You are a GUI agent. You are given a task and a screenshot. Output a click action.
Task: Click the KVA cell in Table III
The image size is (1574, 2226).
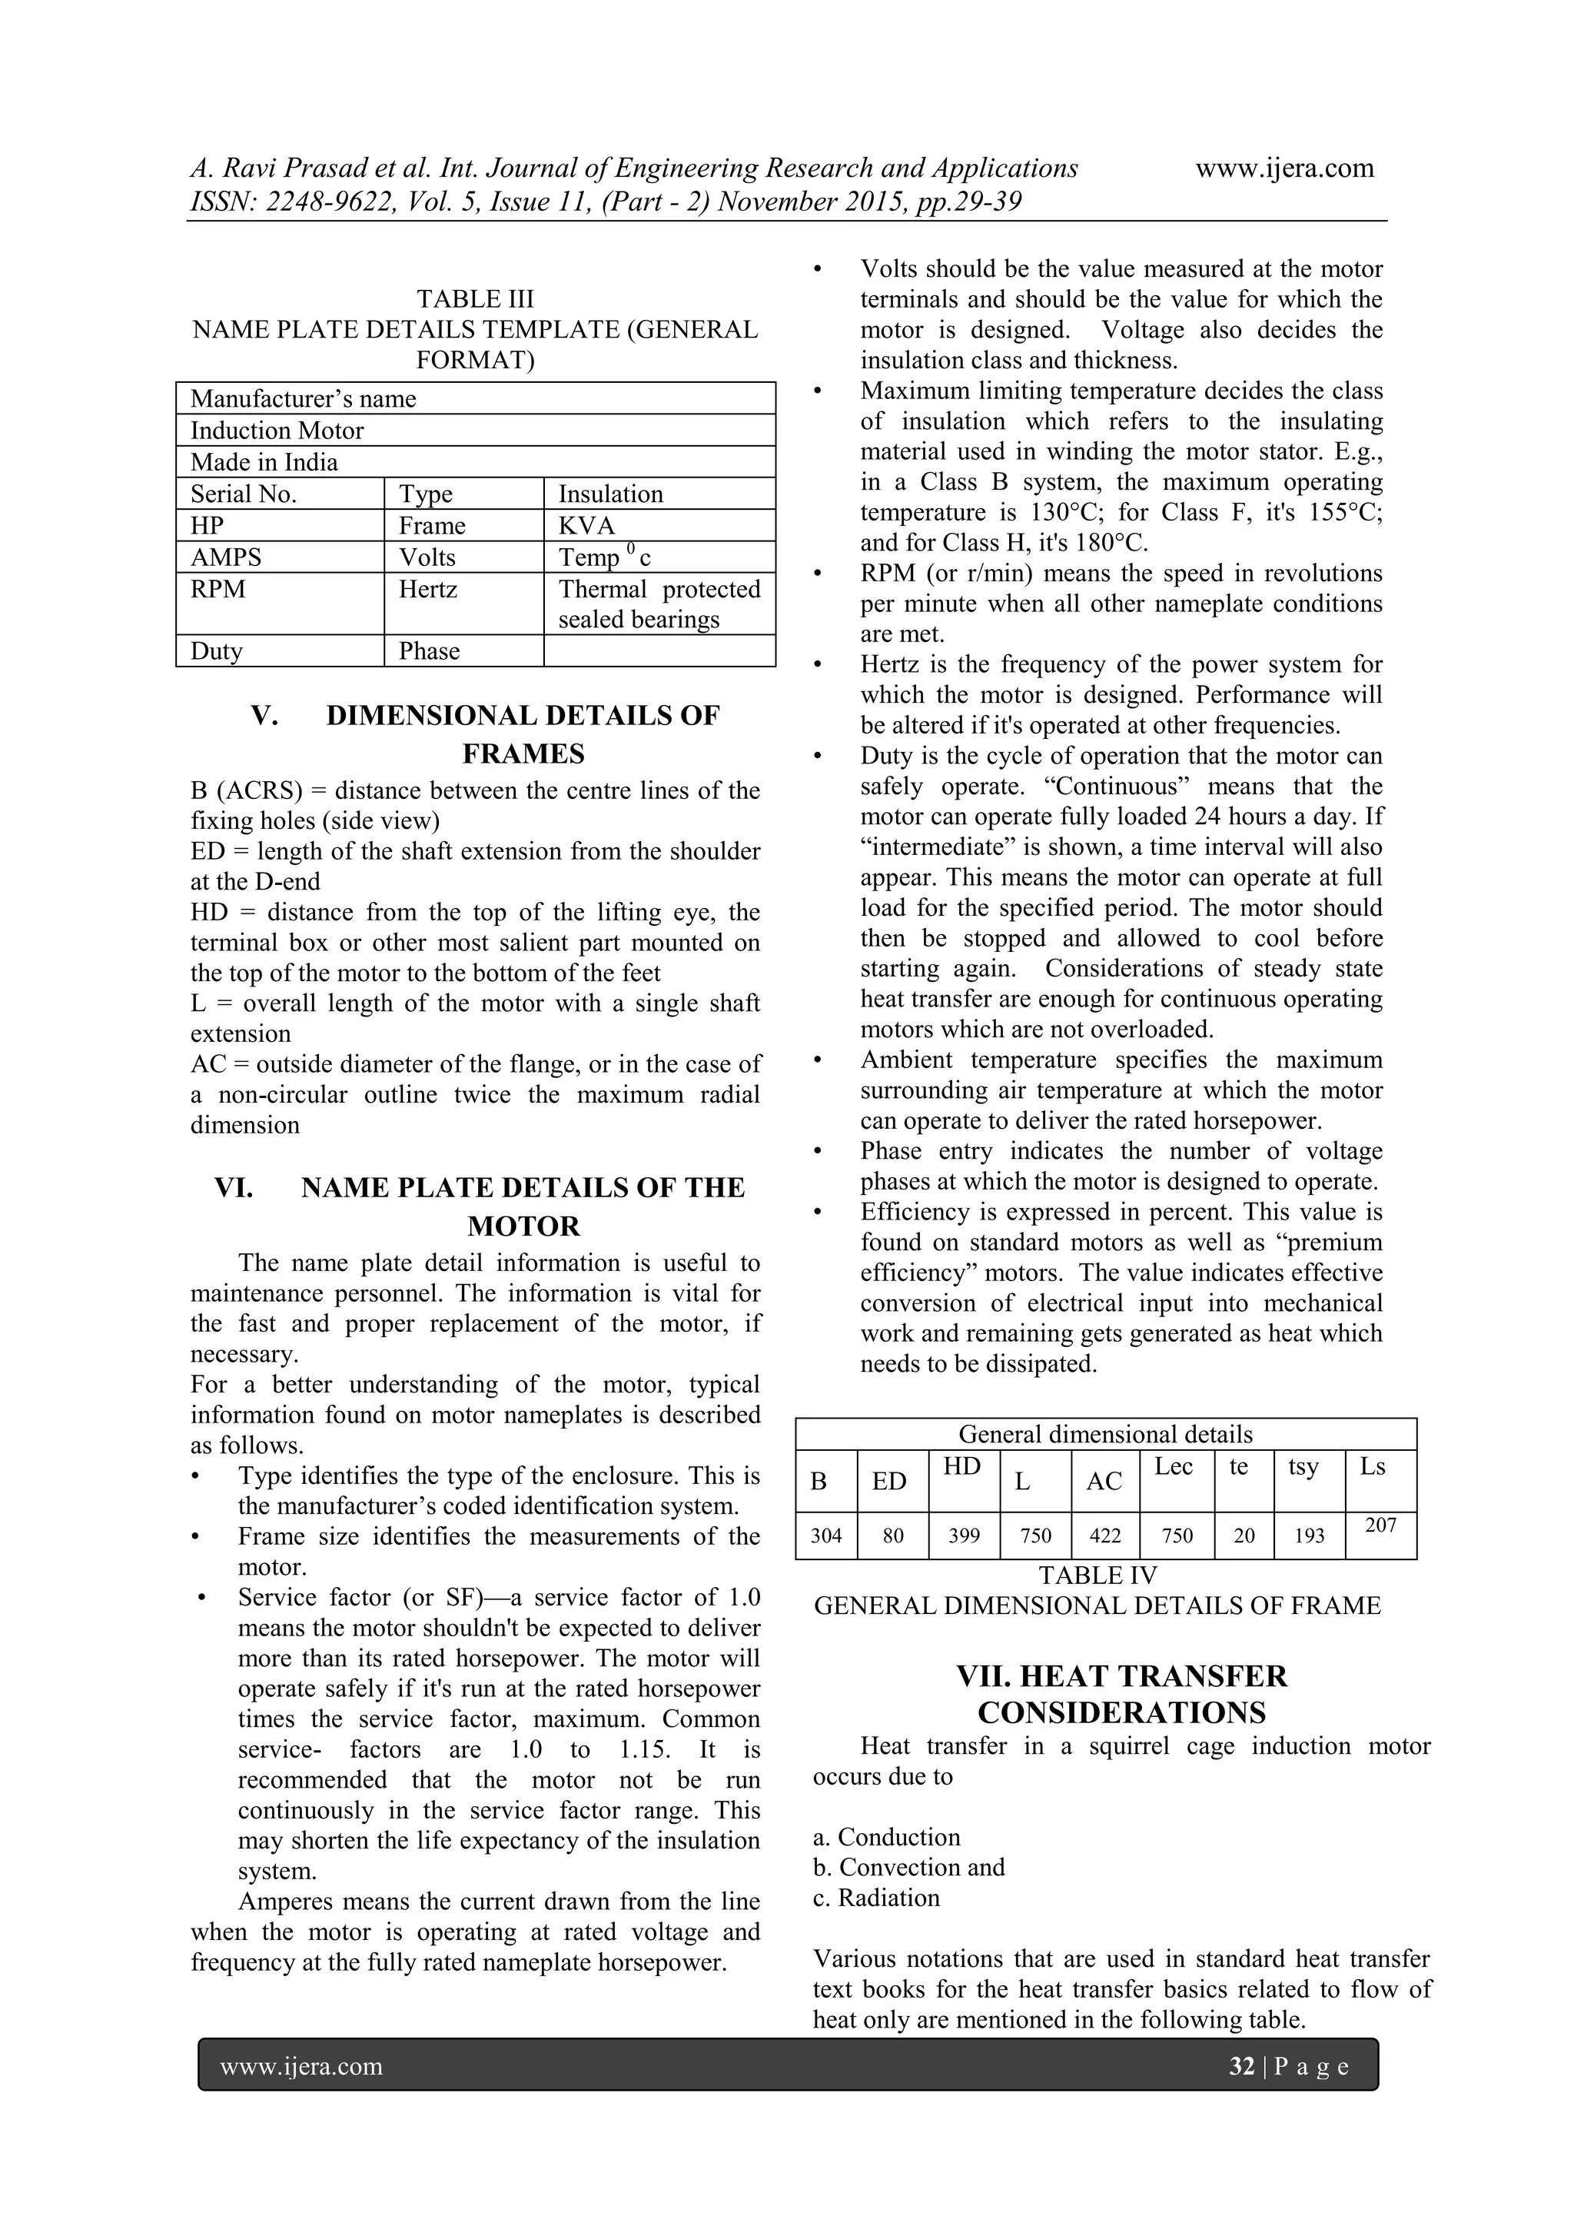(x=586, y=525)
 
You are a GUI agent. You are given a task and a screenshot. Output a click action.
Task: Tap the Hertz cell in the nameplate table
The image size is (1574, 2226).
(x=427, y=590)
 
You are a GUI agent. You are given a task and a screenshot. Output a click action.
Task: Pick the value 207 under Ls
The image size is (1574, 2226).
(x=1380, y=1525)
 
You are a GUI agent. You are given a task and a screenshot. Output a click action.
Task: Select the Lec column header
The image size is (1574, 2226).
(x=1173, y=1467)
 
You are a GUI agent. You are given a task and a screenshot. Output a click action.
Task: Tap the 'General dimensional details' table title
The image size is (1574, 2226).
(x=1105, y=1435)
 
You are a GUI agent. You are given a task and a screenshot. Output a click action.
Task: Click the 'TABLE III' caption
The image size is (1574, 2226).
(x=475, y=298)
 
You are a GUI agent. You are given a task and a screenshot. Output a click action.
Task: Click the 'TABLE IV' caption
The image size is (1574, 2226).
(x=1097, y=1576)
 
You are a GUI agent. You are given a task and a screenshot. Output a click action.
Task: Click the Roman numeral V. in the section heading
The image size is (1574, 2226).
(x=264, y=717)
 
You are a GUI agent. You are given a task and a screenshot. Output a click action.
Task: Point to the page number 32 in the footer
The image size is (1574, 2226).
(x=1241, y=2066)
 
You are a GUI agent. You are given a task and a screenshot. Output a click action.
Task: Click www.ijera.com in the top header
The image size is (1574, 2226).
(x=1284, y=168)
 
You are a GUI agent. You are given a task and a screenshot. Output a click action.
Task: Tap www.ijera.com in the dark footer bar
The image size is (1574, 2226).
(x=301, y=2066)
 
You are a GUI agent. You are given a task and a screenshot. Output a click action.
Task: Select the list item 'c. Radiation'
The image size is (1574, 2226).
(x=876, y=1917)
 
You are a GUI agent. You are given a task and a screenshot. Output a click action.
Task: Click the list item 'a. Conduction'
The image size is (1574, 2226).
(x=886, y=1837)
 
